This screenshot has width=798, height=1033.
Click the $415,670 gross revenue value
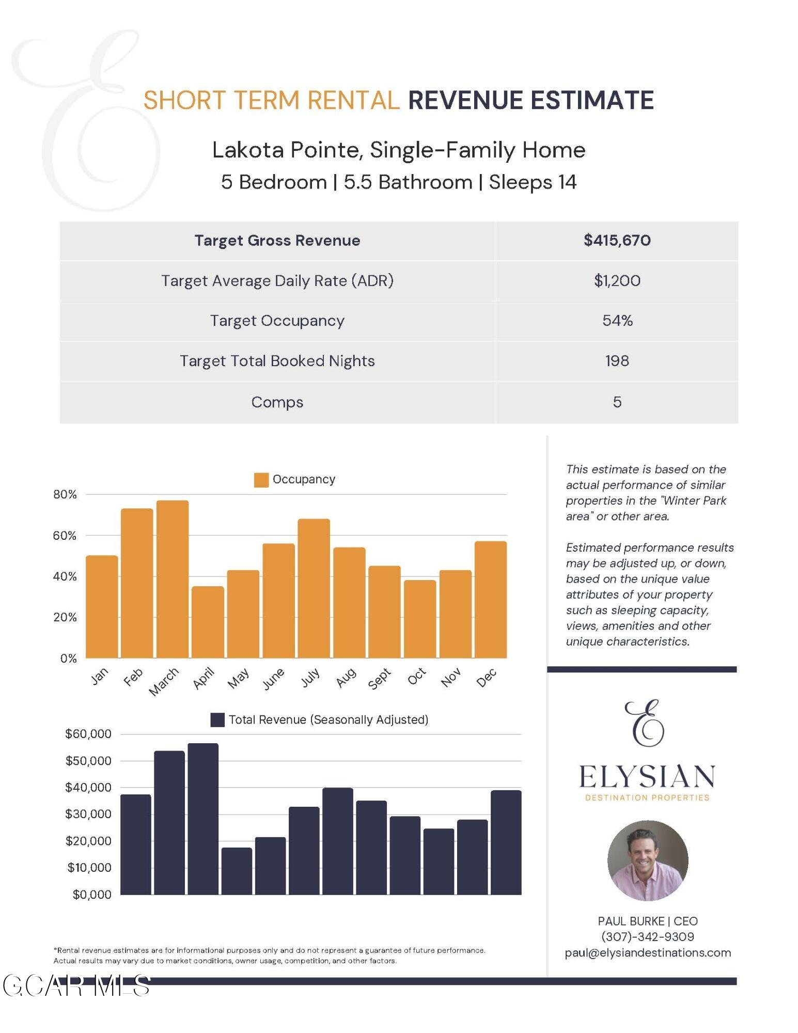point(617,240)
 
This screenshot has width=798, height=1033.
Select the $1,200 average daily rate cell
point(617,280)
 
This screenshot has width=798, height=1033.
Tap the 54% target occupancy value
point(617,321)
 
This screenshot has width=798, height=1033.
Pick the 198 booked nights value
point(617,361)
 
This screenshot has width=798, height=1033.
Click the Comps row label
point(277,402)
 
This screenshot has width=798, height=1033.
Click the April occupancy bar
point(208,622)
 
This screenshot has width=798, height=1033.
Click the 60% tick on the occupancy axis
point(65,536)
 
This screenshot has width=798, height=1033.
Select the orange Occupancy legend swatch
point(261,480)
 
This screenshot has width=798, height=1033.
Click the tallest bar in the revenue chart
point(203,819)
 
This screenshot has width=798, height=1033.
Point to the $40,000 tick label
point(88,788)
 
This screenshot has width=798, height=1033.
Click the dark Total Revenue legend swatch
point(217,720)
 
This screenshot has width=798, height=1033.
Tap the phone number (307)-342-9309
point(647,936)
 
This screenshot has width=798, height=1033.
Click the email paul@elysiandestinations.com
point(648,952)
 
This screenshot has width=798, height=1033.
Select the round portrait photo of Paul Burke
point(648,860)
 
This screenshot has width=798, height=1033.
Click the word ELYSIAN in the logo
point(647,776)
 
